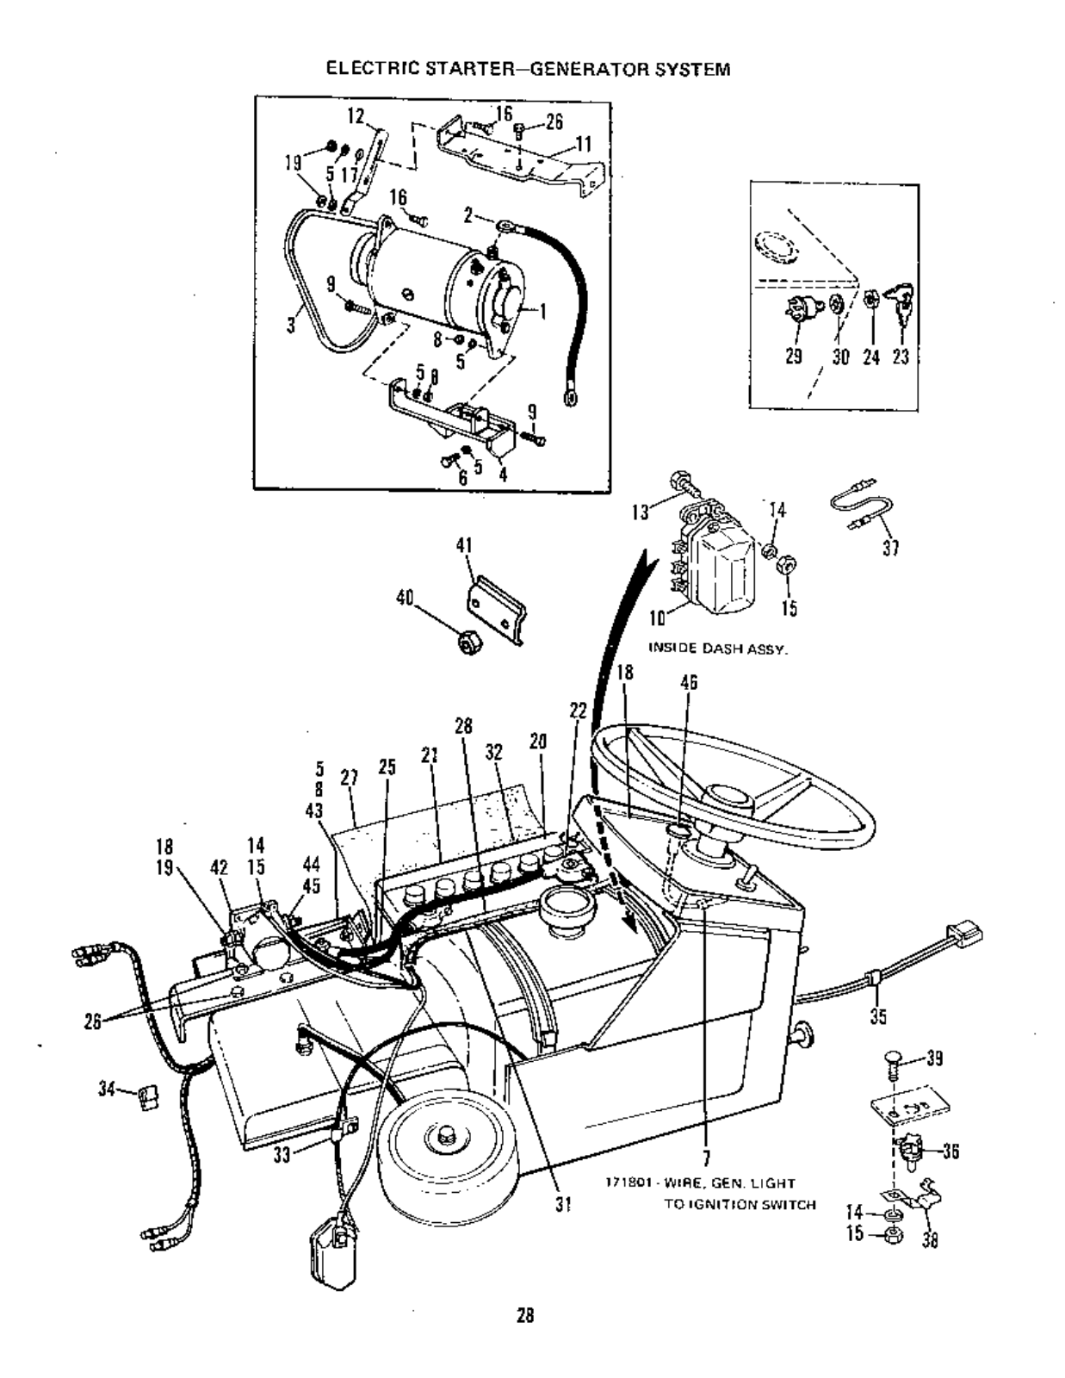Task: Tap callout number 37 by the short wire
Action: [891, 548]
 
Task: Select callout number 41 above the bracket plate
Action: [464, 546]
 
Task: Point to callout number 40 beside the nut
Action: [405, 598]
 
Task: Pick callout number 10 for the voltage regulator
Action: [658, 618]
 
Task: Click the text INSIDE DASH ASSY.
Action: [716, 650]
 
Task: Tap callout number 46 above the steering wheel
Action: [689, 683]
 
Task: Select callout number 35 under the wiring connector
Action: [878, 1017]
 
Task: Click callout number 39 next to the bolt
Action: [933, 1059]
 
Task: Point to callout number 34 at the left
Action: [107, 1089]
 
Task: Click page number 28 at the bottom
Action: [524, 1315]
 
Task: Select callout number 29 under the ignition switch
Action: [794, 357]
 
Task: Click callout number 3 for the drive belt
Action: [292, 325]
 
